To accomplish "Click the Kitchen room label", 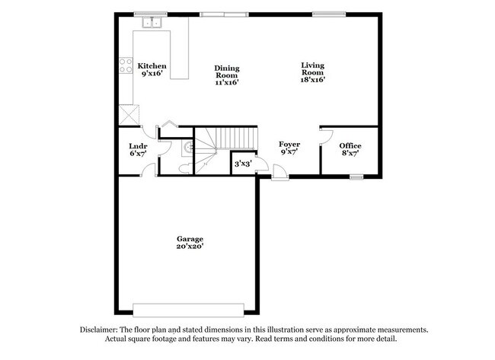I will click(152, 66).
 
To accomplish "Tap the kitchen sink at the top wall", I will click(150, 23).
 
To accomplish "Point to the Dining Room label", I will click(226, 71).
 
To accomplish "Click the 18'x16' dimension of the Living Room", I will click(312, 78).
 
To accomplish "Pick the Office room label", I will click(350, 145).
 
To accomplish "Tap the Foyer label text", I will click(289, 144).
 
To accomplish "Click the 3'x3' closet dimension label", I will click(242, 164).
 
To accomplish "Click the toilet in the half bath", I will click(184, 167).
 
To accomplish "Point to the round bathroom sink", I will click(187, 147).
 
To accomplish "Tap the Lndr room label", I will click(138, 145).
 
